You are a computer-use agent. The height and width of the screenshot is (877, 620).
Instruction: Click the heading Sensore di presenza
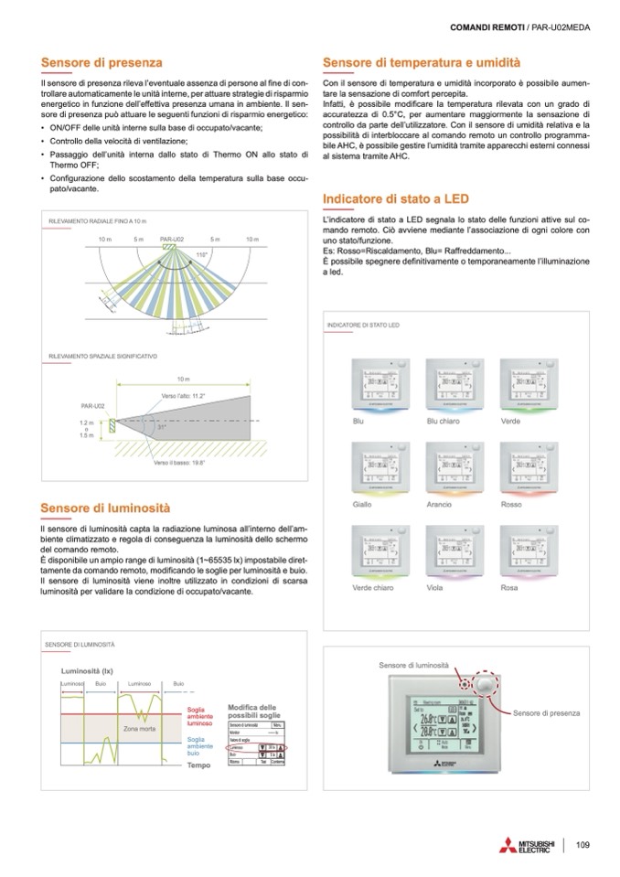[102, 63]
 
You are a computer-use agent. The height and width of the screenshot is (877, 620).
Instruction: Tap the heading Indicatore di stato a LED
[396, 199]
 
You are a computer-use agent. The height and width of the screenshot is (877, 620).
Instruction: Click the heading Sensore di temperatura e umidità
[422, 63]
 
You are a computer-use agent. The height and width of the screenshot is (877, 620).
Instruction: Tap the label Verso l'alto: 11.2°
[183, 396]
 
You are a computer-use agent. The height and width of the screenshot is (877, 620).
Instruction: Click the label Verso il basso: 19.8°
[179, 464]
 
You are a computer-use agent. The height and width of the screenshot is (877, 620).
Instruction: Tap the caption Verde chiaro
[371, 587]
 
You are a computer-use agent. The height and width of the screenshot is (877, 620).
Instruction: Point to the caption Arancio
[440, 505]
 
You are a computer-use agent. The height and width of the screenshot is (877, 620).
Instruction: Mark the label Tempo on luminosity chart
[198, 765]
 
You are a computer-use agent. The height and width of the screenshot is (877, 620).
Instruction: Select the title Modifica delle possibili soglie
[251, 711]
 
